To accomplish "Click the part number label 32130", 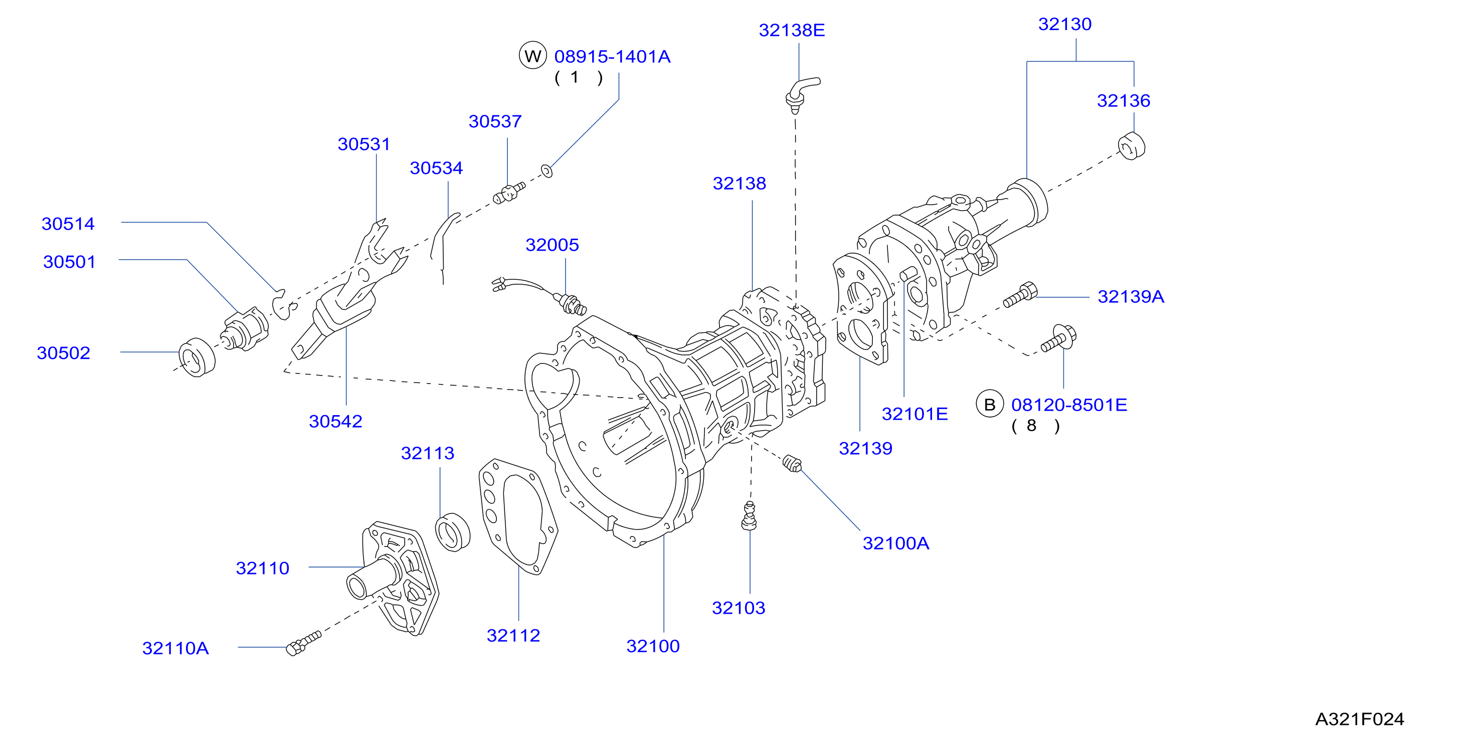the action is pyautogui.click(x=1064, y=25).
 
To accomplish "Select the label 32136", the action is pyautogui.click(x=1123, y=101).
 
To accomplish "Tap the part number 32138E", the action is pyautogui.click(x=792, y=31).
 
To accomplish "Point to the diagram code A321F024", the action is pyautogui.click(x=1360, y=719).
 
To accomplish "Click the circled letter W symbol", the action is pyautogui.click(x=532, y=56).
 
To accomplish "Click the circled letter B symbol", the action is pyautogui.click(x=990, y=404).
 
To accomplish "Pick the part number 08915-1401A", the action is pyautogui.click(x=613, y=57).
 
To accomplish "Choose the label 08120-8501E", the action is pyautogui.click(x=1069, y=405).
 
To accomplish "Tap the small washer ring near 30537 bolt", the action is pyautogui.click(x=546, y=170).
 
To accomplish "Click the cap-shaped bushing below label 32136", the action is pyautogui.click(x=1132, y=146).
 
